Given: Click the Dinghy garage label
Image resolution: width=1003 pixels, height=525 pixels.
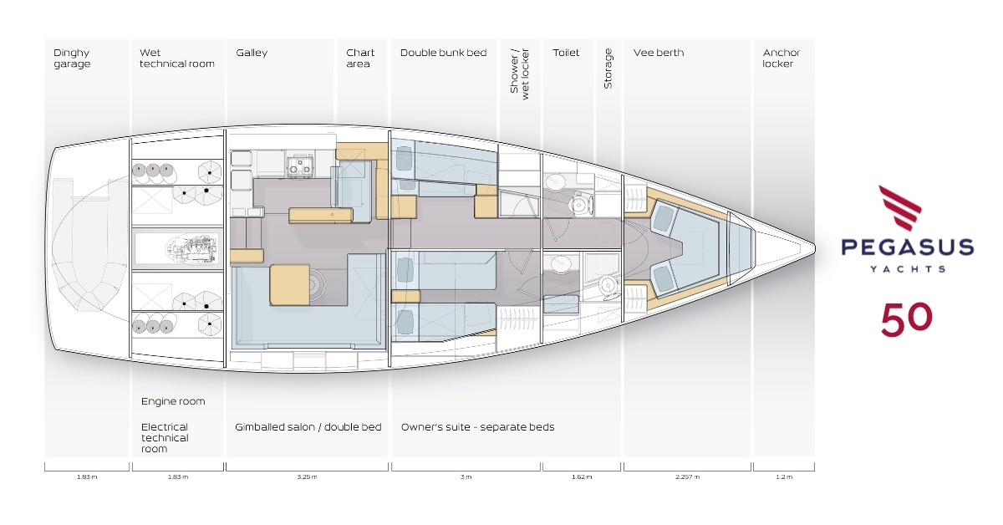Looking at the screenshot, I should coord(72,59).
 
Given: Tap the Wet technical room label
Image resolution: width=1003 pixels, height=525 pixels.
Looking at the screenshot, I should coord(176,59).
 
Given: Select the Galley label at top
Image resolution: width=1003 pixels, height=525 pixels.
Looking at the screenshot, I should coord(252,53).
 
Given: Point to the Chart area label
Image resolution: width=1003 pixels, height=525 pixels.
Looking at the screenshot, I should coord(360,59).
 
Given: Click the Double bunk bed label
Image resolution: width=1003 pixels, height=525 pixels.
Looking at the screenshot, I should coord(443,53).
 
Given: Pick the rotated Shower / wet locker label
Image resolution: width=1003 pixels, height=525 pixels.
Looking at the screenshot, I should coord(520,74).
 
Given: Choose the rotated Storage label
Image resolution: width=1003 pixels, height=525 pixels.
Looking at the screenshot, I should coord(608,69).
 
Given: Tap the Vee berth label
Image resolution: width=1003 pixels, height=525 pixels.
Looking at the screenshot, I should coord(659,53).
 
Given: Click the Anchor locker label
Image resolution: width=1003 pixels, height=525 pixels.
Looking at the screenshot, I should coord(781,59).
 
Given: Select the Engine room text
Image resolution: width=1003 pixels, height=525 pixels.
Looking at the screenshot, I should coord(173,401).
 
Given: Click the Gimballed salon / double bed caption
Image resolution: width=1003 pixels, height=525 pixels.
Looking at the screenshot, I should coord(308,427).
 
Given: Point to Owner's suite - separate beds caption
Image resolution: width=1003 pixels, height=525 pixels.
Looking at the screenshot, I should coord(477,427).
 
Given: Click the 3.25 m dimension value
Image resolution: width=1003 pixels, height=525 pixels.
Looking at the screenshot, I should coord(307,477).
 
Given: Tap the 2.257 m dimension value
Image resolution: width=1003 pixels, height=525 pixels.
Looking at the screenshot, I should coord(687,477).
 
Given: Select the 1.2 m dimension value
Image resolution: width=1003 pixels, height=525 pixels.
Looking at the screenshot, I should coord(783,477).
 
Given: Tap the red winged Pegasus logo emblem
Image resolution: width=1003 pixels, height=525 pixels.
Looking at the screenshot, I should coord(899,208).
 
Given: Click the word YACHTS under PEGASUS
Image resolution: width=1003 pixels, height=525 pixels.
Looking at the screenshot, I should coord(907,269).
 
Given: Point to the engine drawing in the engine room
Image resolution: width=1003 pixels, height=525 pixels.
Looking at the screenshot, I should coord(191,248).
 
